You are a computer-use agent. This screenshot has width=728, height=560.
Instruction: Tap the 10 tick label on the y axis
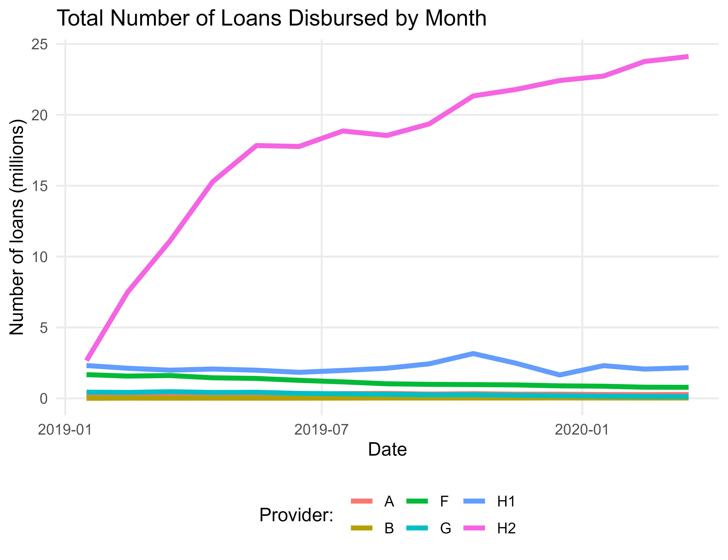tap(39, 257)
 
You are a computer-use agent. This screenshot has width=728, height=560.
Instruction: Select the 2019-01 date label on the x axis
tap(65, 430)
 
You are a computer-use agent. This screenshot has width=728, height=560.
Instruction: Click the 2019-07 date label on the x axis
tap(321, 430)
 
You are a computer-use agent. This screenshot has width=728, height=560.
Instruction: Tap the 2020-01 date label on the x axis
tap(582, 430)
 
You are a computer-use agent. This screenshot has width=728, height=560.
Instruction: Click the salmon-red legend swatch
tap(361, 501)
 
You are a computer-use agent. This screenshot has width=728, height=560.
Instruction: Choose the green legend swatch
tap(417, 501)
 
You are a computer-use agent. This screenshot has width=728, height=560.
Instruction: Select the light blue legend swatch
tap(474, 501)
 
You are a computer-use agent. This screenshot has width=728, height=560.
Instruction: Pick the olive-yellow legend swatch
tap(361, 528)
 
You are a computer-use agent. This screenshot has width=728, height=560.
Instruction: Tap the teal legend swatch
tap(417, 528)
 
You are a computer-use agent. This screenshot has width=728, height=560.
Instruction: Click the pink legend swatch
tap(474, 528)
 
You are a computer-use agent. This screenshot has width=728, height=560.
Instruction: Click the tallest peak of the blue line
tap(473, 353)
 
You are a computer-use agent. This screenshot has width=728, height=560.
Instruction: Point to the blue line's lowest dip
tap(559, 375)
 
